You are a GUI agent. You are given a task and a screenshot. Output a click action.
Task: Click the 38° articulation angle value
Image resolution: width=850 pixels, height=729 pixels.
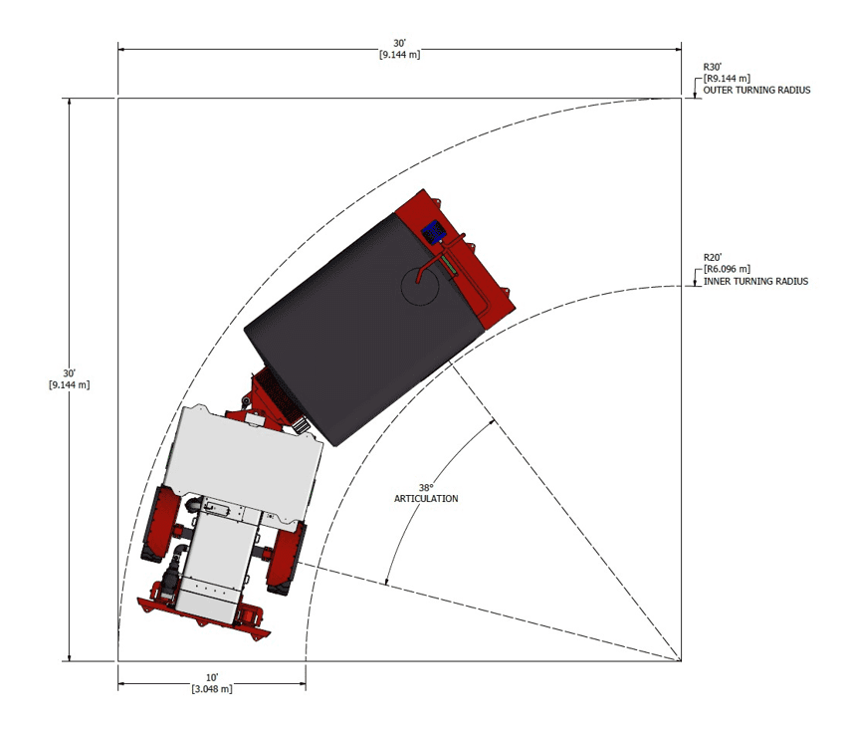426,487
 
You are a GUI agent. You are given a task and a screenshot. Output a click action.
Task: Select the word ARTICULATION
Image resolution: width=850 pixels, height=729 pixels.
426,499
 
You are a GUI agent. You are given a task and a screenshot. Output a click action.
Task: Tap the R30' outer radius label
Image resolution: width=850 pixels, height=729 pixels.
712,66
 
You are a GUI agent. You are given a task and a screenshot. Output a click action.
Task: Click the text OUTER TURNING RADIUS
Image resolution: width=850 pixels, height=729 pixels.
756,90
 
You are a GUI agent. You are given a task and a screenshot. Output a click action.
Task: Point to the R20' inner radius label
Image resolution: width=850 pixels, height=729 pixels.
712,257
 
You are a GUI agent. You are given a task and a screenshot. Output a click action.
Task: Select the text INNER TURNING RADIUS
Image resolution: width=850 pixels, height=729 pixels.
755,281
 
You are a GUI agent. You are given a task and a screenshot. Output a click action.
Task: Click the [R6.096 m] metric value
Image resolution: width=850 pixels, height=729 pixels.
727,269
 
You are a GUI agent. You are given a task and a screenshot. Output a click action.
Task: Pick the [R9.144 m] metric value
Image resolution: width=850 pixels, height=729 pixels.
727,78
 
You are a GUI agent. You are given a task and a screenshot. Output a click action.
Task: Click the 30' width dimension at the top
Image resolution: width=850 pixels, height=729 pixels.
399,43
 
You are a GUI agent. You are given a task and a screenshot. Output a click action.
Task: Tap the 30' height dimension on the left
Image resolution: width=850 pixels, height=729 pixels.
69,372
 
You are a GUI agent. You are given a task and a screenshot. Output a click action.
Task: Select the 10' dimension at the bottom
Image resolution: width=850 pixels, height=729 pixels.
212,677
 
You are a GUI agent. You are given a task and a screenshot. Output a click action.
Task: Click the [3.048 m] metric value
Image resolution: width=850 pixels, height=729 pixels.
212,689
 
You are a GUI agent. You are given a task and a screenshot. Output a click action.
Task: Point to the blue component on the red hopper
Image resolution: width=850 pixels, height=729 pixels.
434,232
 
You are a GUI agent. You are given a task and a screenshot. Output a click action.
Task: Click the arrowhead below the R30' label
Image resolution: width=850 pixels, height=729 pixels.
692,95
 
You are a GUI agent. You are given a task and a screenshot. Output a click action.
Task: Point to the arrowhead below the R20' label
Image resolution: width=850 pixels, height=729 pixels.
692,285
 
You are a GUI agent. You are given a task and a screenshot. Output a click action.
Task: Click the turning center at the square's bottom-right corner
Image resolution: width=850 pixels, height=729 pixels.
682,660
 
